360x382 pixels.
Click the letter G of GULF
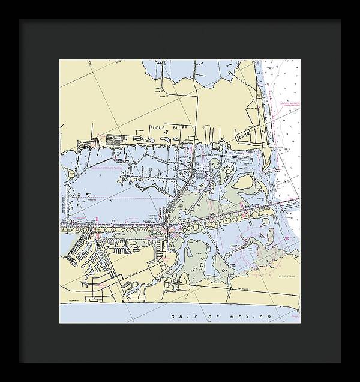click(172, 316)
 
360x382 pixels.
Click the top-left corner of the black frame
click(19, 19)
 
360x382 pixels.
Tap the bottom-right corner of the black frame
click(340, 362)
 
